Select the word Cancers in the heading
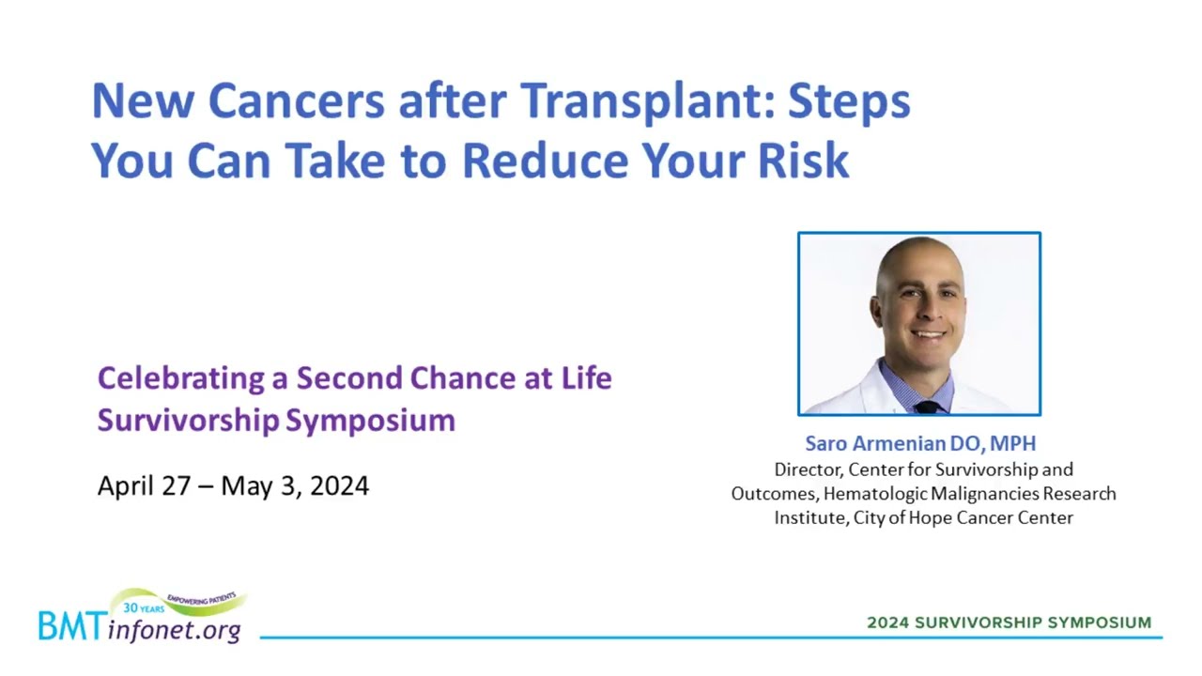[x=296, y=100]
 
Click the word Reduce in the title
[x=546, y=160]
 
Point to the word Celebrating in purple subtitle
[x=181, y=378]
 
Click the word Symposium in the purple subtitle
[x=370, y=420]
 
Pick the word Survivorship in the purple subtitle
[x=189, y=420]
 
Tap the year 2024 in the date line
[x=339, y=485]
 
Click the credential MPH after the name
[x=1012, y=443]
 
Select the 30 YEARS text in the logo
[x=144, y=608]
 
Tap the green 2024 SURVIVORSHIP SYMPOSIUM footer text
[x=1009, y=622]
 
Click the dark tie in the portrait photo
[x=926, y=407]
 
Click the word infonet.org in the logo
[x=174, y=630]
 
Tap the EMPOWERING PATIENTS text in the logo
[x=202, y=599]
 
